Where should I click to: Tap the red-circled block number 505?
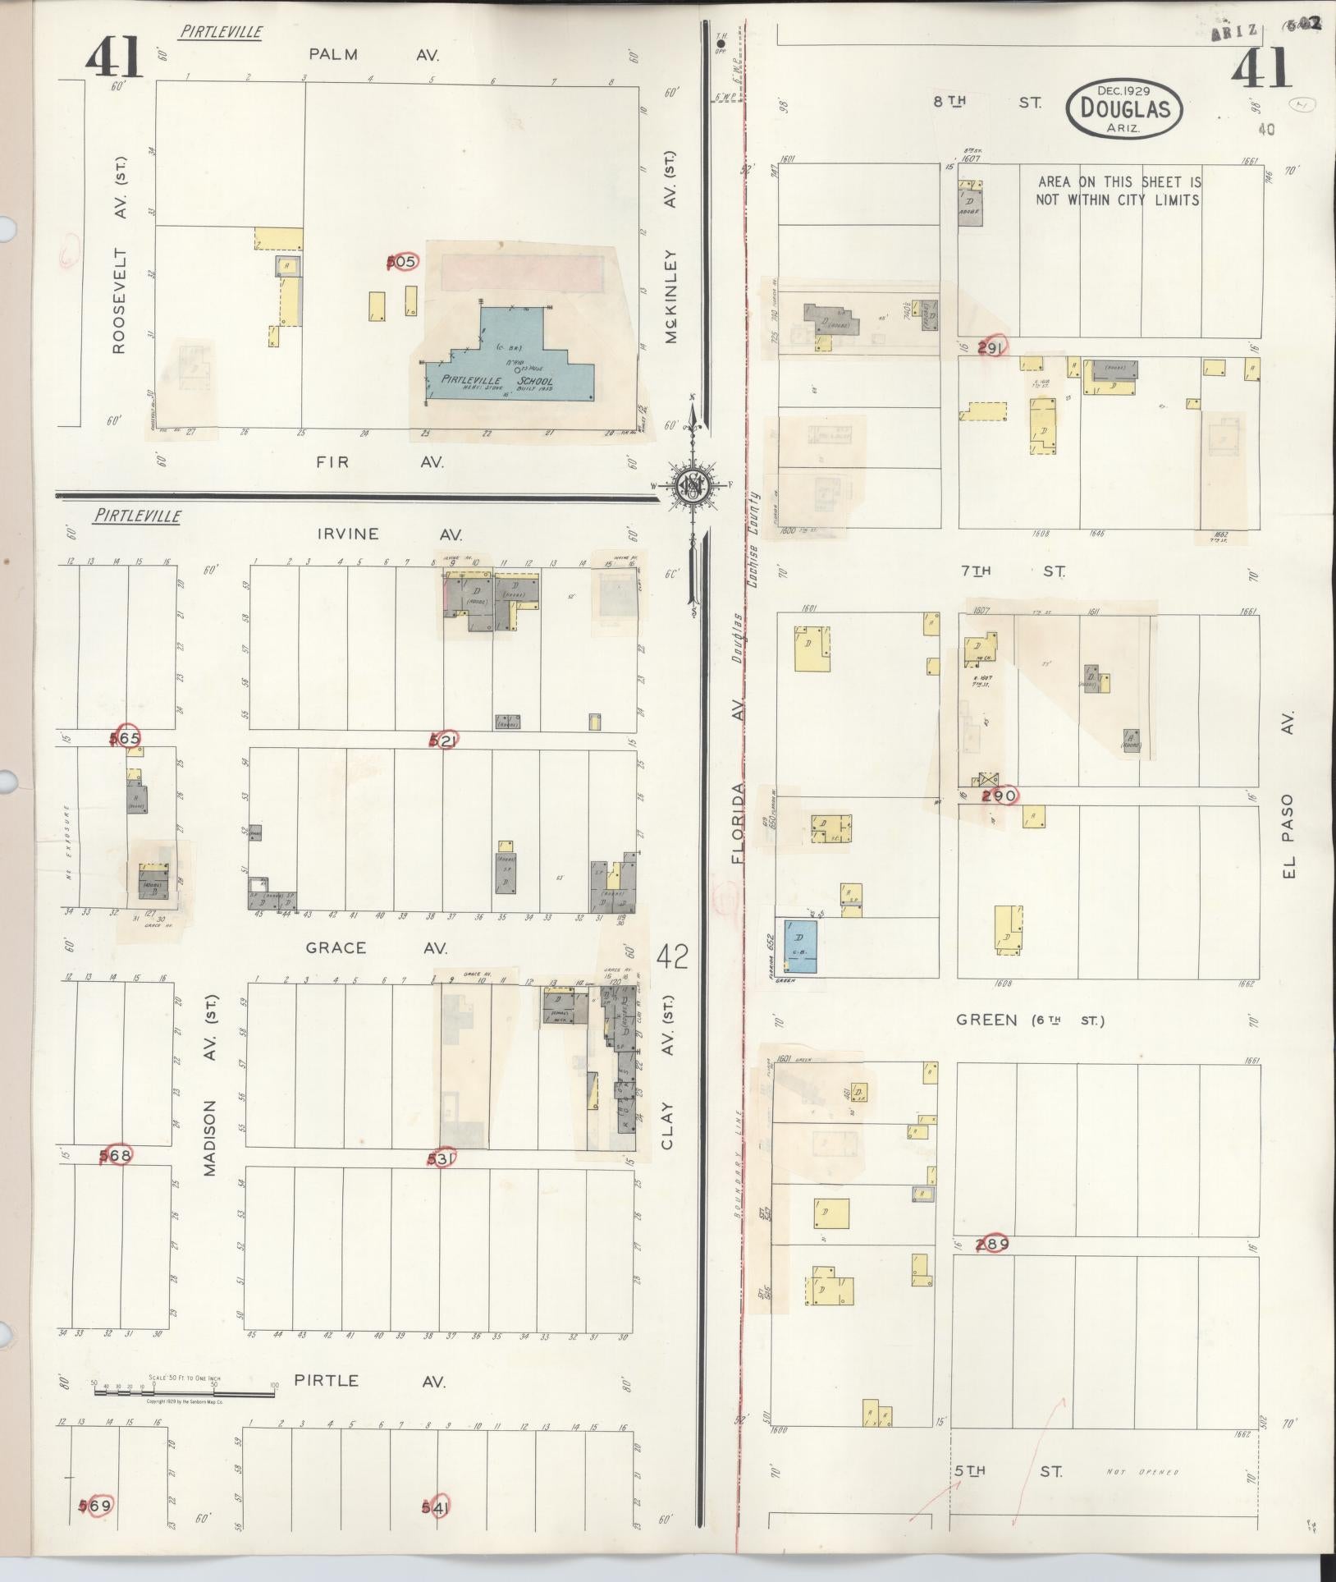[402, 262]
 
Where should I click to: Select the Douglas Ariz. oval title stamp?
[1124, 108]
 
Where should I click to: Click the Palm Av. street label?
[373, 55]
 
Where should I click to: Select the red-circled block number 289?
[992, 1244]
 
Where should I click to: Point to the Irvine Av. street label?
[390, 534]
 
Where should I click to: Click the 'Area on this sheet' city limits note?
[1119, 190]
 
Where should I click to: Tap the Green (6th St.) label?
[1030, 1020]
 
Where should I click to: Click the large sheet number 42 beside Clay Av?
[672, 957]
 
